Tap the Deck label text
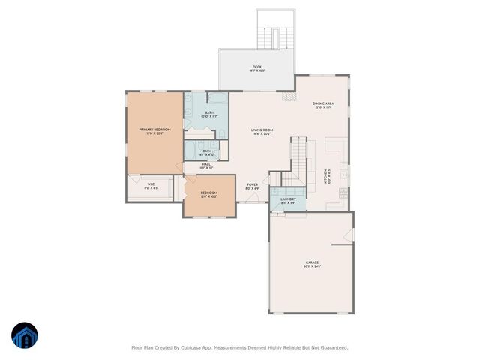(256, 69)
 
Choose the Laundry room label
(288, 199)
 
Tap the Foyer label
(253, 186)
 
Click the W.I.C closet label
(151, 185)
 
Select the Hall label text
(205, 165)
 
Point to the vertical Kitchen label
(326, 176)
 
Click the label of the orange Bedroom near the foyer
(208, 194)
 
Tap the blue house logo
(25, 335)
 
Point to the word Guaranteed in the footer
(332, 347)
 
